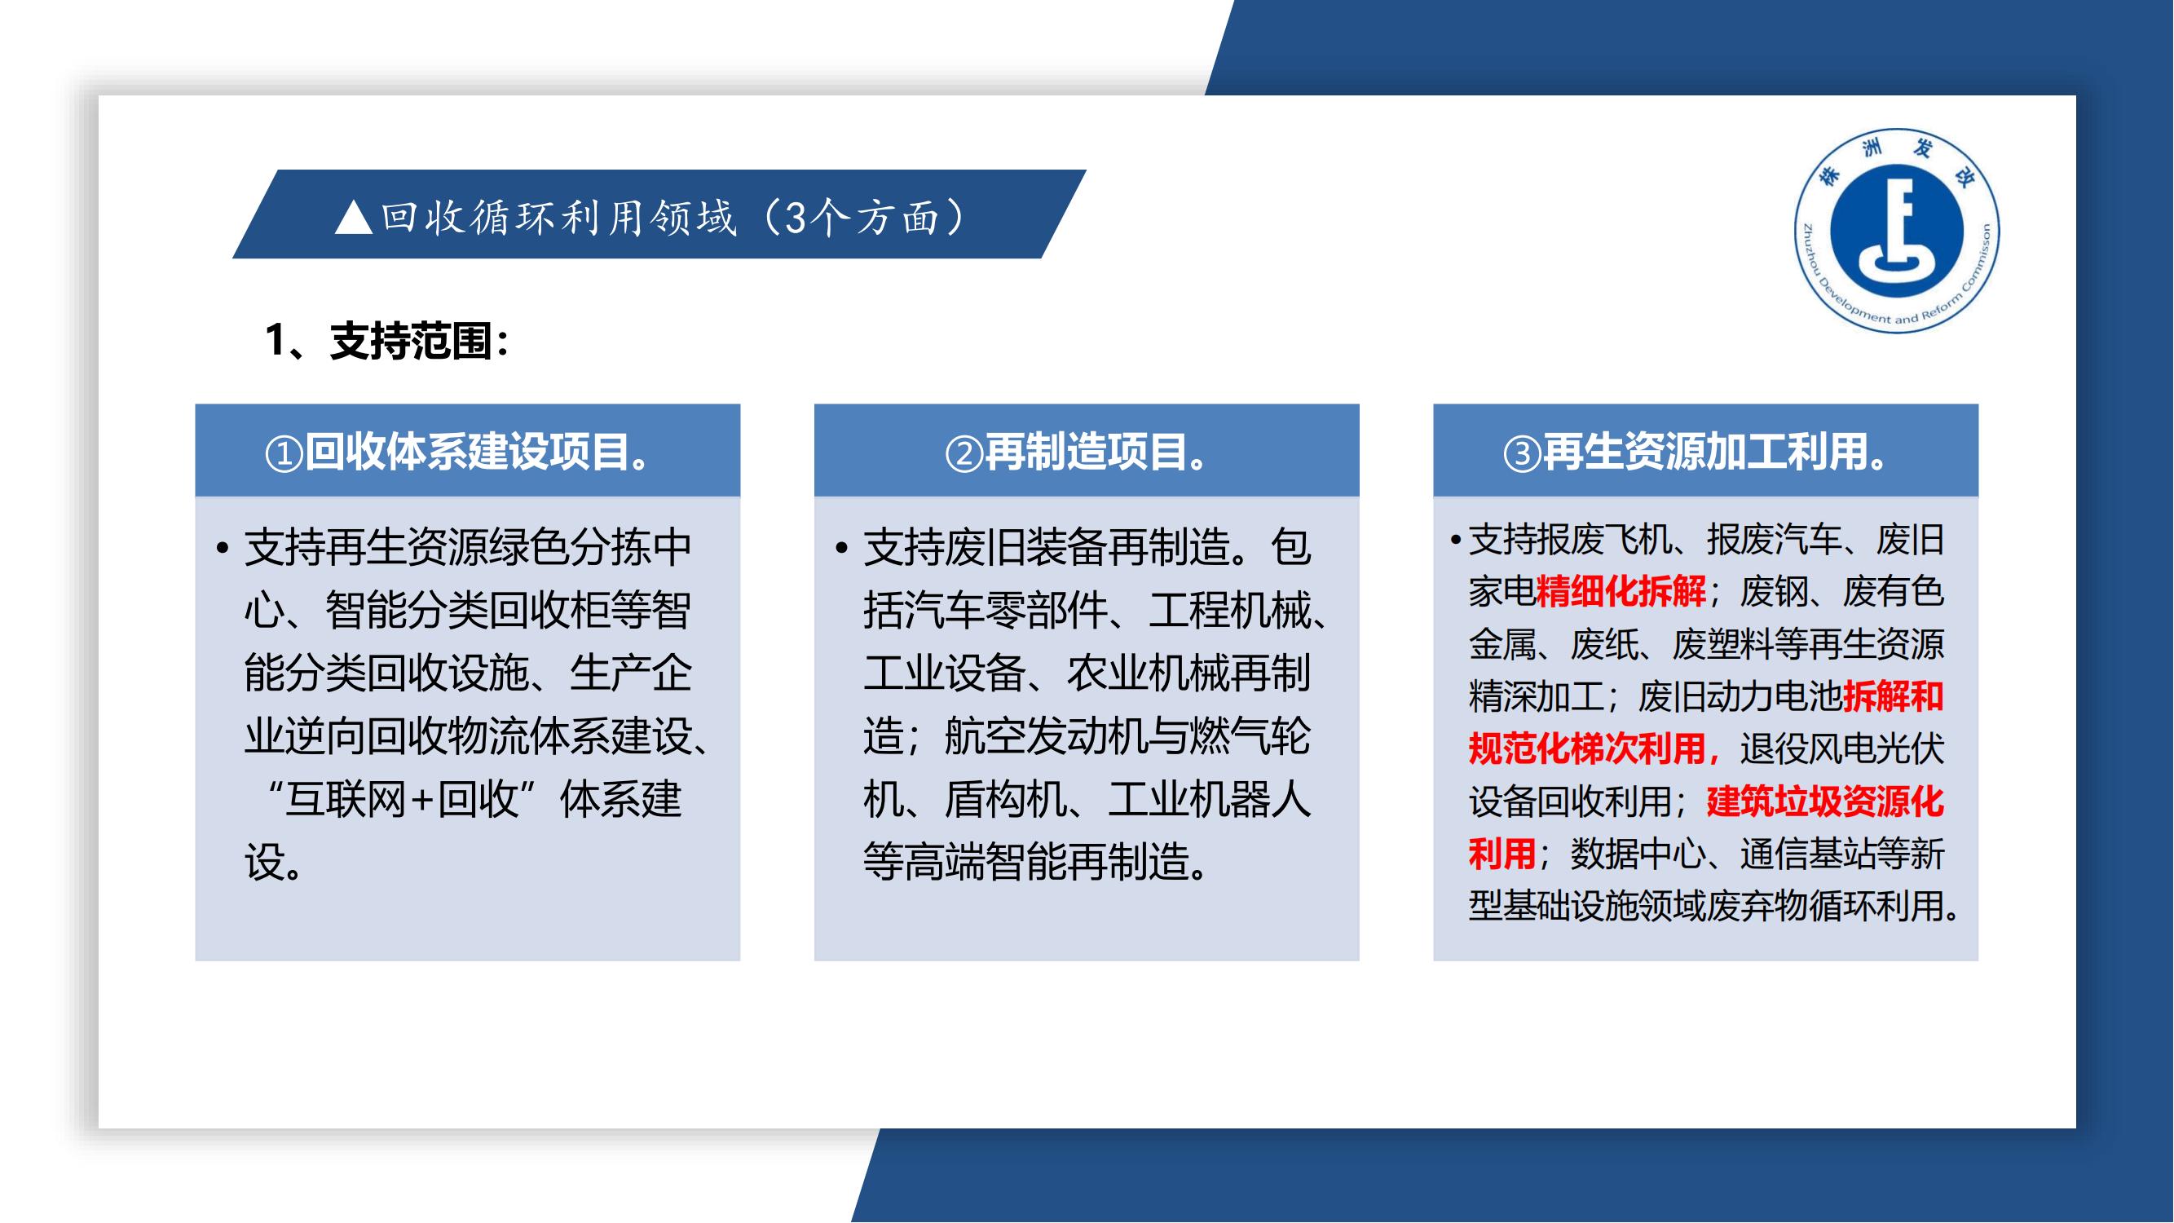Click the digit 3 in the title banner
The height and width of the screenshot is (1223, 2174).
tap(796, 218)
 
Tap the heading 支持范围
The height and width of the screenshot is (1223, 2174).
tap(411, 341)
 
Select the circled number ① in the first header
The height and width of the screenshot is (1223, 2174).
tap(284, 454)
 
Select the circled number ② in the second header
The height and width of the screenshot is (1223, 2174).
tap(964, 454)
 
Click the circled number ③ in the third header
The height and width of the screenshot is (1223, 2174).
tap(1523, 454)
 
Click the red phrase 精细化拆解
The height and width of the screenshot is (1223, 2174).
tap(1621, 592)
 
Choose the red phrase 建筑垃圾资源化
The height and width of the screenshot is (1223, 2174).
tap(1824, 801)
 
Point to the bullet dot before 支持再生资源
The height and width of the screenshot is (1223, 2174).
tap(223, 549)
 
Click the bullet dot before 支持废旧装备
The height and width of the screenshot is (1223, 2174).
tap(841, 549)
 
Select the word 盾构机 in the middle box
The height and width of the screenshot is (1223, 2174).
tap(1004, 799)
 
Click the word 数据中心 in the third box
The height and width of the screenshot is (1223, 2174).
tap(1638, 854)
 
